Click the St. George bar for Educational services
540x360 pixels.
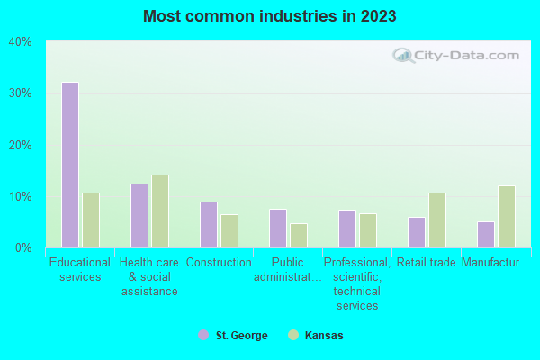point(70,165)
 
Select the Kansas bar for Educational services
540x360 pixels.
point(91,220)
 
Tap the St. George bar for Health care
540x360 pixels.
point(139,216)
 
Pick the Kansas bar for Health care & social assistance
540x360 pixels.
point(160,211)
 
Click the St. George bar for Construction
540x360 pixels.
point(209,225)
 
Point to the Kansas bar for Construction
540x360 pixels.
point(229,231)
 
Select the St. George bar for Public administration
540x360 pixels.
point(278,229)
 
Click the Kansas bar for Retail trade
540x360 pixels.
point(437,220)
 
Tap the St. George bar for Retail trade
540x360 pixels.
point(417,232)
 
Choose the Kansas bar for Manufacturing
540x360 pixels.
point(507,217)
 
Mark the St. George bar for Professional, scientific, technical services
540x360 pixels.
point(347,229)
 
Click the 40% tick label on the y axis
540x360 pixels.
point(20,41)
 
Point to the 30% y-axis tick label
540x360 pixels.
point(20,94)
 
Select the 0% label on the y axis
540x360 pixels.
point(23,247)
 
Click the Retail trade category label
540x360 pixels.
point(427,263)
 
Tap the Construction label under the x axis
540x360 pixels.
point(219,263)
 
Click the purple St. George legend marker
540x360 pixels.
point(202,336)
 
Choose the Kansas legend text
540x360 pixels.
point(324,336)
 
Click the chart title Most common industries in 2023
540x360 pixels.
point(269,16)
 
